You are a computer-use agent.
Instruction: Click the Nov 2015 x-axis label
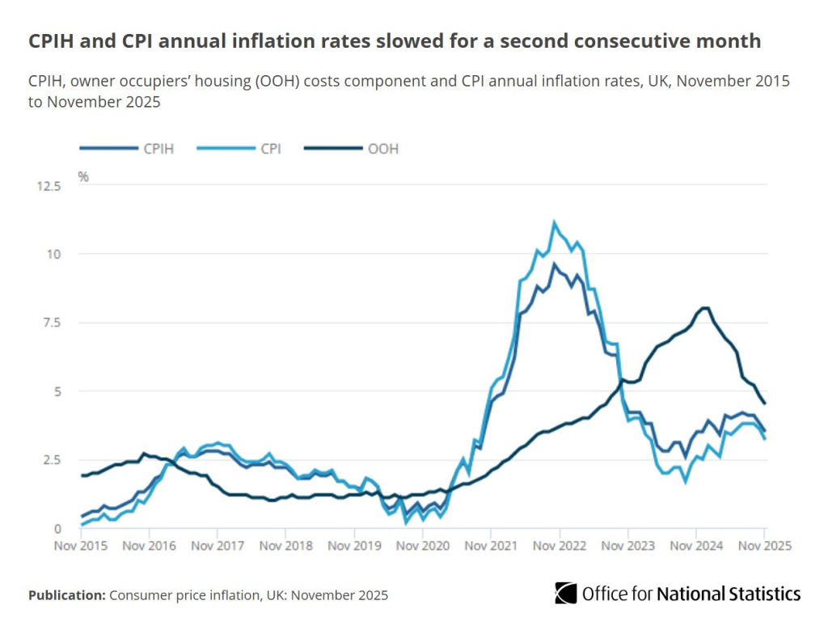[x=82, y=546]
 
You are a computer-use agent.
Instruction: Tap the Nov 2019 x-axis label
[x=355, y=546]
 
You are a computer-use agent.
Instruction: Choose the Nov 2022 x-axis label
[x=560, y=546]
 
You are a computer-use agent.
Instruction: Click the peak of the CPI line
[x=554, y=222]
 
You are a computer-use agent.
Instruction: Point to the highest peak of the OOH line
[x=705, y=307]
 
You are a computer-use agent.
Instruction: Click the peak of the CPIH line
[x=554, y=264]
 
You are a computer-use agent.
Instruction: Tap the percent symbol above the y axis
[x=83, y=176]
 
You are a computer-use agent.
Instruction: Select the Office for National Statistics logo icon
[x=565, y=593]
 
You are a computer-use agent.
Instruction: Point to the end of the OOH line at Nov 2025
[x=765, y=404]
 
